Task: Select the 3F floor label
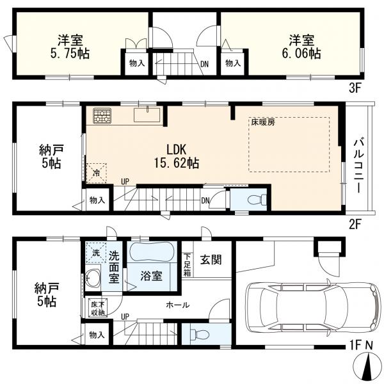point(356,88)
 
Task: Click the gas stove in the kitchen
point(102,116)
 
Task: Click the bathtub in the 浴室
point(152,252)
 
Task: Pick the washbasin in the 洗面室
point(93,278)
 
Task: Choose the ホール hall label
point(177,305)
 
